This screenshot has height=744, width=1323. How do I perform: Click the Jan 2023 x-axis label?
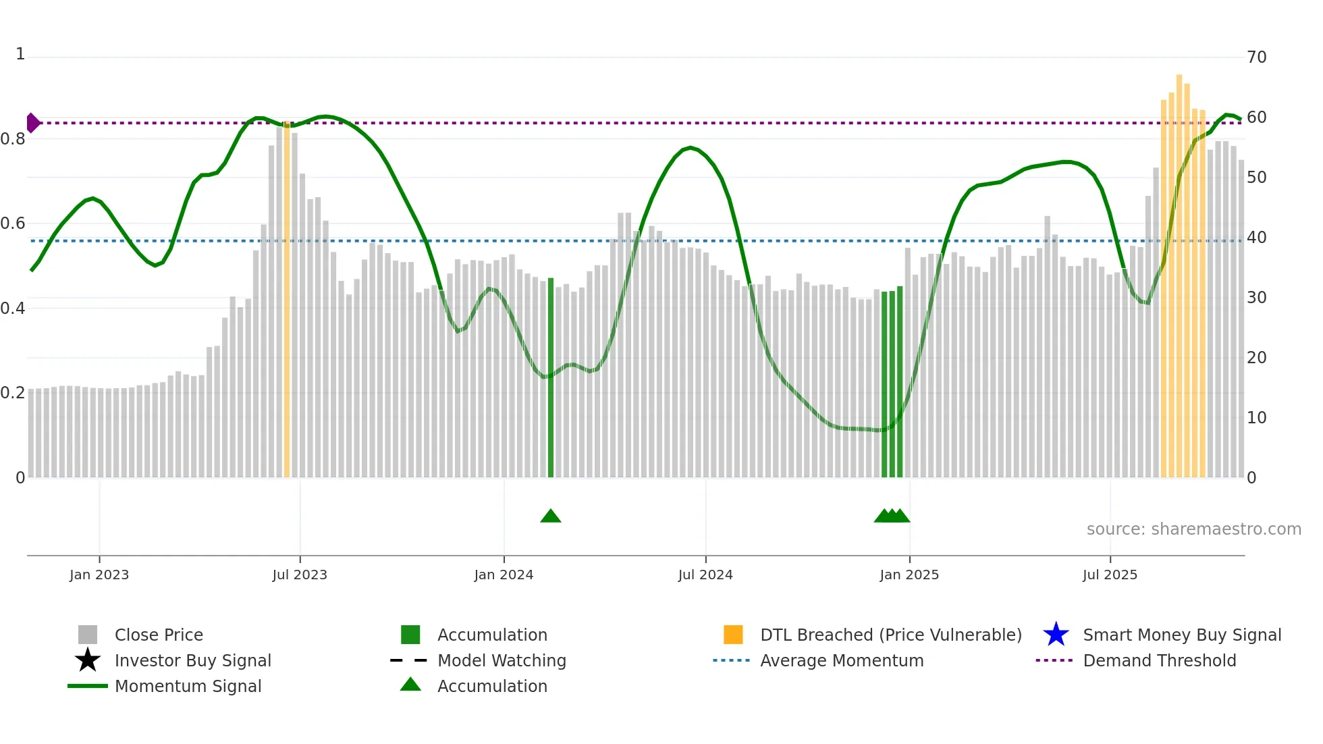click(99, 575)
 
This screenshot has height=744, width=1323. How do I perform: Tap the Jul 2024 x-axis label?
click(705, 575)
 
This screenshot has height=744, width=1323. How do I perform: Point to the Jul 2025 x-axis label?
click(1110, 575)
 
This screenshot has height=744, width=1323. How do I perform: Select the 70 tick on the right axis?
click(1256, 57)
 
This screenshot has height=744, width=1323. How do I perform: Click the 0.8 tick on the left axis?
click(13, 139)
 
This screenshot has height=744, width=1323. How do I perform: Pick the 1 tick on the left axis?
click(20, 54)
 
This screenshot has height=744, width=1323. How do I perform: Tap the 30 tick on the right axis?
click(1256, 298)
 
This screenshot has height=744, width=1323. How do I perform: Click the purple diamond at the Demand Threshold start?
click(32, 123)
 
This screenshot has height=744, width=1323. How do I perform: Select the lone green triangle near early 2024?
click(551, 516)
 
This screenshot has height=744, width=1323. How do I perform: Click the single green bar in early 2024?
click(551, 378)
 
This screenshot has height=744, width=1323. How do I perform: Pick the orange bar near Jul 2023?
click(287, 300)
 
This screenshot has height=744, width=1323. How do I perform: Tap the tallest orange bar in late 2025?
click(1179, 277)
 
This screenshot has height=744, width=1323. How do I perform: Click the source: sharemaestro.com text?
click(1193, 529)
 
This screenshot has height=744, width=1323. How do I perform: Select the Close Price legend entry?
click(158, 635)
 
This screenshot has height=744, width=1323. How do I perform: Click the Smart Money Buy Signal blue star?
click(1056, 635)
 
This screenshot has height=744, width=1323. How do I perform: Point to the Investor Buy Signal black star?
click(88, 660)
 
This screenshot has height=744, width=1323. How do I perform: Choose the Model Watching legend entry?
click(501, 660)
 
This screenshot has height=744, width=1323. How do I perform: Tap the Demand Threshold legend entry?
click(1159, 660)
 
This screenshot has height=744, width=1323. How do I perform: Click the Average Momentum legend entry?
click(841, 660)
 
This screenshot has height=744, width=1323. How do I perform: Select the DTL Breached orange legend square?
click(733, 635)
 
